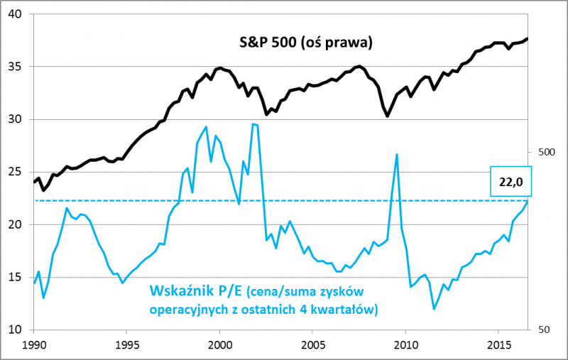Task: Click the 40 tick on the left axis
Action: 16,14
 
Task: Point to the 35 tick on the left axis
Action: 16,67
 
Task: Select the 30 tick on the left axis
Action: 16,119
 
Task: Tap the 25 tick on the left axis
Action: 16,172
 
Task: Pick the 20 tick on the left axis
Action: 16,224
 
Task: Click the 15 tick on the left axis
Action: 16,277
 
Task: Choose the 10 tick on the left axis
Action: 16,329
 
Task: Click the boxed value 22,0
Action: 511,182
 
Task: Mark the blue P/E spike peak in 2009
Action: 396,154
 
